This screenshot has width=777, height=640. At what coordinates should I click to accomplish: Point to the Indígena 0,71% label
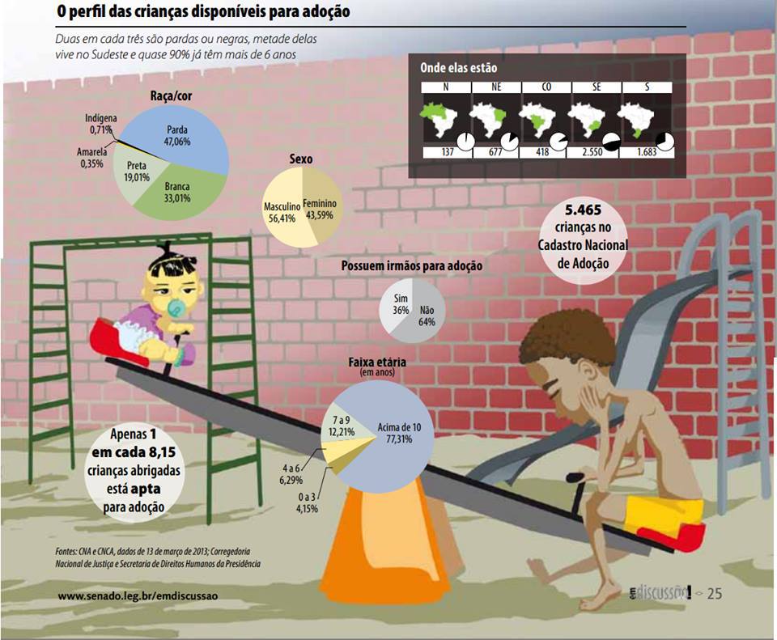coord(100,124)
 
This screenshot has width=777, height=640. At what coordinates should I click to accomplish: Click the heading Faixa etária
coord(376,362)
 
